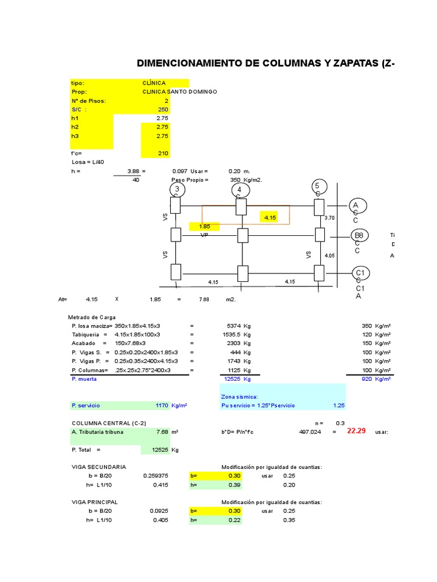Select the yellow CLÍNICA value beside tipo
pyautogui.click(x=154, y=83)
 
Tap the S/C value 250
pyautogui.click(x=163, y=109)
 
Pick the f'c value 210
pyautogui.click(x=163, y=153)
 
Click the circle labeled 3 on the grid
pyautogui.click(x=177, y=189)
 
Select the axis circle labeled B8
pyautogui.click(x=359, y=235)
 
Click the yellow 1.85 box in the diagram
pyautogui.click(x=205, y=226)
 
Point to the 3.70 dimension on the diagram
pyautogui.click(x=329, y=218)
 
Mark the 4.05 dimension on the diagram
pyautogui.click(x=329, y=256)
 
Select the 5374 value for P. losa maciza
pyautogui.click(x=234, y=326)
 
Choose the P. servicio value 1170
pyautogui.click(x=162, y=405)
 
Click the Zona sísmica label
pyautogui.click(x=239, y=396)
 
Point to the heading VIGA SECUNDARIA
pyautogui.click(x=98, y=467)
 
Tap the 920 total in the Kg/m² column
pyautogui.click(x=368, y=379)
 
